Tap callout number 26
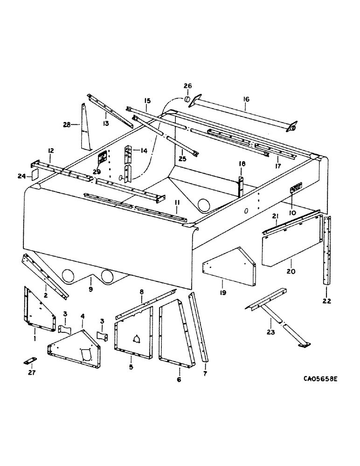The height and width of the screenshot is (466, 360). (187, 86)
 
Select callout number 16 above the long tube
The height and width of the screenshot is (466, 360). (247, 99)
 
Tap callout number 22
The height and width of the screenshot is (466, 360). (326, 301)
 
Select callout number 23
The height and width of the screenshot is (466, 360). (271, 332)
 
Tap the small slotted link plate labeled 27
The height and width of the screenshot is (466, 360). (30, 362)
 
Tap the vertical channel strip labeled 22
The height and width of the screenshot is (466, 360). (325, 252)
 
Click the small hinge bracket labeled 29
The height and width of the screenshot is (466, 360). (102, 158)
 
